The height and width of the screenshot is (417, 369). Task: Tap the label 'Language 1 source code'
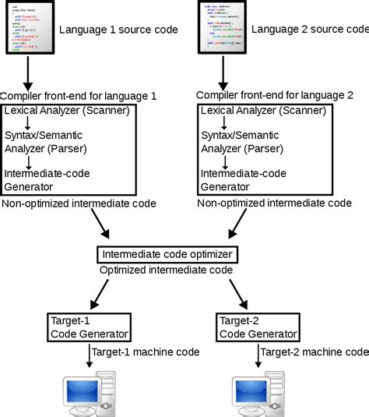click(x=118, y=30)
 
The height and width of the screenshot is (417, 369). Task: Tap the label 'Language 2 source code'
click(x=311, y=30)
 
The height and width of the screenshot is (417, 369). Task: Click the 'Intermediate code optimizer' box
click(x=166, y=255)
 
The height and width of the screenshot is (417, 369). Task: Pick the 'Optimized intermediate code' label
click(x=166, y=270)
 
